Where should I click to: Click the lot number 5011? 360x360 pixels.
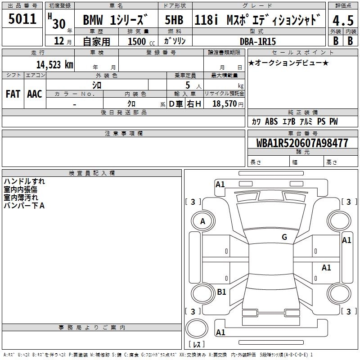click(x=22, y=18)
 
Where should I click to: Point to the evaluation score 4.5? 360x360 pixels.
click(x=342, y=21)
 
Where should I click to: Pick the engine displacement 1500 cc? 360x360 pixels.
click(x=139, y=41)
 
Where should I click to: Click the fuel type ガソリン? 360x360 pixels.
click(x=175, y=41)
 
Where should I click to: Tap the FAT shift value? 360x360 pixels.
click(x=13, y=94)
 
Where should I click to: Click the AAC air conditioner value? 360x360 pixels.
click(x=35, y=94)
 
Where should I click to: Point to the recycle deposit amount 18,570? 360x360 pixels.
click(x=225, y=104)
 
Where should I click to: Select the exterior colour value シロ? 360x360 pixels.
click(x=97, y=85)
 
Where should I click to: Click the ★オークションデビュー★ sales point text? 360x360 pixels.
click(x=288, y=63)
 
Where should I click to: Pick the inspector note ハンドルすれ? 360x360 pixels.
click(x=24, y=182)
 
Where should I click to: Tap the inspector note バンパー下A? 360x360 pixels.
click(x=24, y=206)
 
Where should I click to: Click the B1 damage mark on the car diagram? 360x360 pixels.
click(x=221, y=292)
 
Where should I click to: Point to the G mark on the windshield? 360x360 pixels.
click(x=284, y=237)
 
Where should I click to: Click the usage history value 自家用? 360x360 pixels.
click(x=97, y=41)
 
